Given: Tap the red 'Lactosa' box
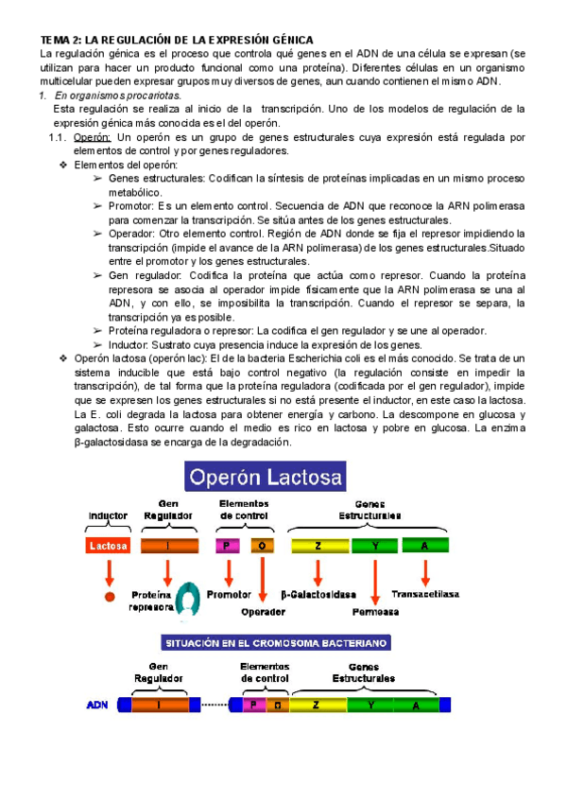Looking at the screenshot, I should click(109, 546).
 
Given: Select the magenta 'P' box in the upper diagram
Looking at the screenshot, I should click(228, 546).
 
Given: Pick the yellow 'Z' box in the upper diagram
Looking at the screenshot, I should click(318, 546).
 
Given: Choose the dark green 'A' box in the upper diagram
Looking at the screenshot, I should click(424, 546).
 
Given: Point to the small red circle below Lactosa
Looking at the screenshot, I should click(109, 598).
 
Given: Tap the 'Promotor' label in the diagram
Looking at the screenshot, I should click(228, 595).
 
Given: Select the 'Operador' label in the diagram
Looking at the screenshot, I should click(264, 612).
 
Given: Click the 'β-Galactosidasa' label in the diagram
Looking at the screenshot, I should click(318, 595).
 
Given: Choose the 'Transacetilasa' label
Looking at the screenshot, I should click(427, 595).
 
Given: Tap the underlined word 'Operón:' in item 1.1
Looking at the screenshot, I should click(93, 137).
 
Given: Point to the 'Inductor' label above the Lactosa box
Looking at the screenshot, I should click(108, 516).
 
